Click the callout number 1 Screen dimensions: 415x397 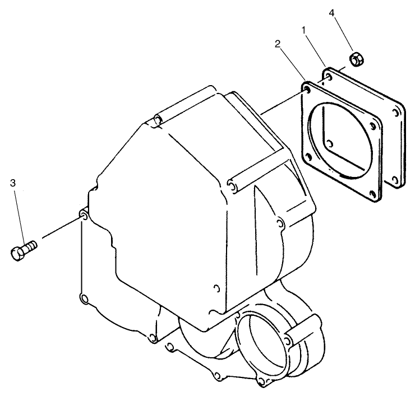(304, 30)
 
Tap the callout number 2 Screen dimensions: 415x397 (278, 44)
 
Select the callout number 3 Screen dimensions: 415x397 (13, 183)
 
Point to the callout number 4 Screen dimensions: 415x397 (332, 13)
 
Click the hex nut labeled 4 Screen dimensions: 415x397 (357, 59)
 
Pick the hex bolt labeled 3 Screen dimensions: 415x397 (24, 250)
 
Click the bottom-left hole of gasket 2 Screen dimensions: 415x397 (308, 157)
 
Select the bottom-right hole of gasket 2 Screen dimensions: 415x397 (373, 194)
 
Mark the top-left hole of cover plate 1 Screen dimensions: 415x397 (329, 77)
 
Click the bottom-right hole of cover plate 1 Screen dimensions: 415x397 (395, 180)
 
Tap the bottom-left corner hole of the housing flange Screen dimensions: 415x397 (84, 299)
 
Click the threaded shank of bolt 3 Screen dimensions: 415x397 (30, 246)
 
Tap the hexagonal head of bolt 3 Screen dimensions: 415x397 (18, 254)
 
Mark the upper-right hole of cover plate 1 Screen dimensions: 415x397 (395, 113)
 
